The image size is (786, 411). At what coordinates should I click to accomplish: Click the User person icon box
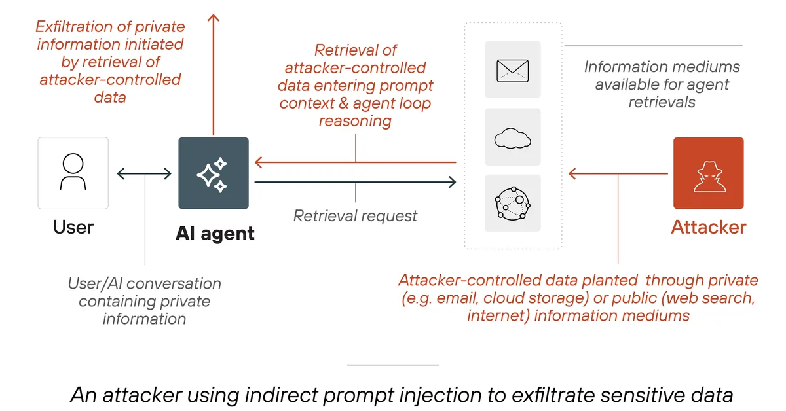click(73, 173)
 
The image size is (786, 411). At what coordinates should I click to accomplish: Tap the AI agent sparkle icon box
click(214, 173)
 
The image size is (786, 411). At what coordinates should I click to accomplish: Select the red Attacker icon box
click(708, 173)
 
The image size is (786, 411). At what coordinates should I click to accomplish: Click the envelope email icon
click(512, 69)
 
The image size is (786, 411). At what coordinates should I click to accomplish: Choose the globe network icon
click(512, 203)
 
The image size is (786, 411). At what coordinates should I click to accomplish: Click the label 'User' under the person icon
click(73, 227)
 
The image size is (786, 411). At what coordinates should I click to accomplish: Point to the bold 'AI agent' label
click(215, 233)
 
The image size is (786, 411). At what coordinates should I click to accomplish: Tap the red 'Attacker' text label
click(708, 227)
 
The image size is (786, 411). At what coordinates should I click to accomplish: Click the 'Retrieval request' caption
click(355, 215)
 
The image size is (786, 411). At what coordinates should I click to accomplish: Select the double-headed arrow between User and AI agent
click(144, 173)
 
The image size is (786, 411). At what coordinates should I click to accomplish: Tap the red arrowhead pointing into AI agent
click(259, 162)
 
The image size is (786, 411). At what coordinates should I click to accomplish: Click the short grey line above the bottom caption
click(392, 365)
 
